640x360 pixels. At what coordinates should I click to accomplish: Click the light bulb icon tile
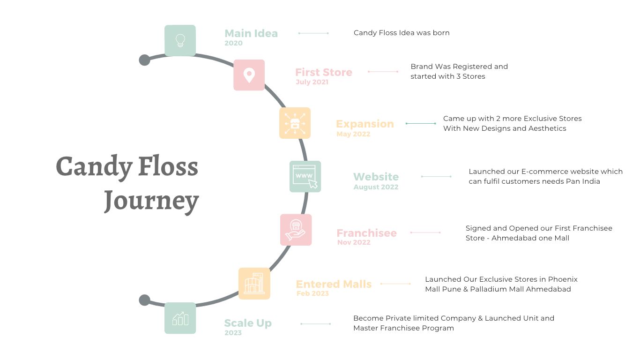180,41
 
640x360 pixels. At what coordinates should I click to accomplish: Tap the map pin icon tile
249,75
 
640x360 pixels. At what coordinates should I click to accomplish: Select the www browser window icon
305,176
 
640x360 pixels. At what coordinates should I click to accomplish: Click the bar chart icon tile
180,318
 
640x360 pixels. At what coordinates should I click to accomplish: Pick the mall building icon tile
254,284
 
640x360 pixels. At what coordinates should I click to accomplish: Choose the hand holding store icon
296,230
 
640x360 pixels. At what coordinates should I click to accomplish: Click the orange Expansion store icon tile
295,123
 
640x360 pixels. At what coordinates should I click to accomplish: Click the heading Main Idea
251,33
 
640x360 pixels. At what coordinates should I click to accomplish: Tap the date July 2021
312,82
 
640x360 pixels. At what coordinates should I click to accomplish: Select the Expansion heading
365,124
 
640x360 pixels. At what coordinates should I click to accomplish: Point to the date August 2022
376,187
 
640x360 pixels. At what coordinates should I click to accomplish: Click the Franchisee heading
366,233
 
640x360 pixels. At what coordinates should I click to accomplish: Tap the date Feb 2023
313,293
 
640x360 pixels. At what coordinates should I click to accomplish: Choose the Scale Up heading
248,323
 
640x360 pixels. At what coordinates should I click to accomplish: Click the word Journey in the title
151,201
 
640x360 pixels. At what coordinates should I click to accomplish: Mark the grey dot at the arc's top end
145,60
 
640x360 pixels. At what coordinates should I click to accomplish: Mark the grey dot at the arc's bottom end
145,300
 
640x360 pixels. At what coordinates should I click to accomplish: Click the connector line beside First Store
383,72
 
